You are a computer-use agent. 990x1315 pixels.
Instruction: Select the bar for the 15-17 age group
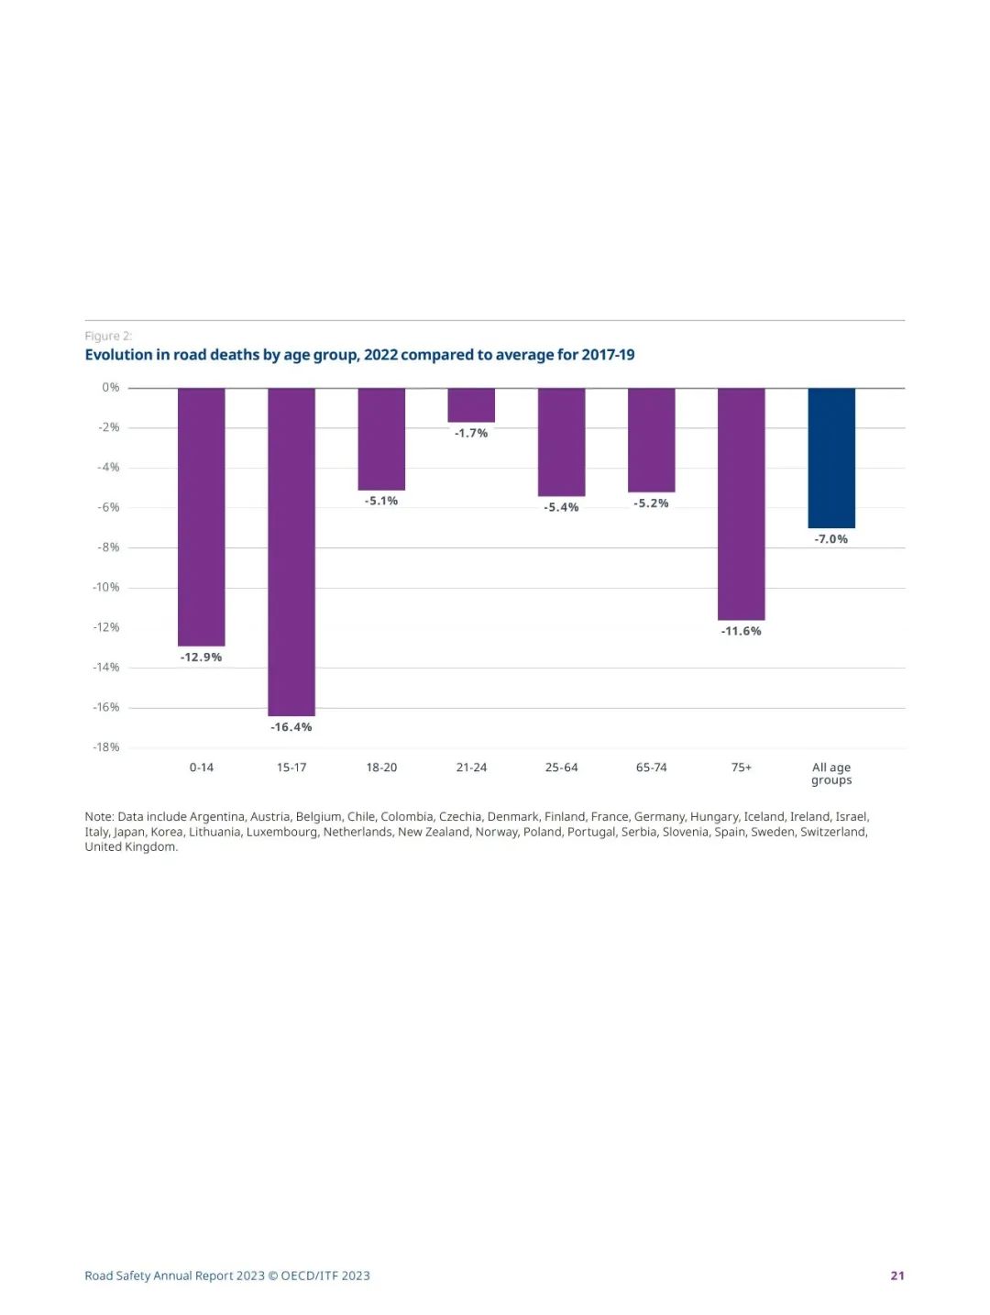(x=291, y=551)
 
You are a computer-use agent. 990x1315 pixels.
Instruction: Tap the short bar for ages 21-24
(x=471, y=404)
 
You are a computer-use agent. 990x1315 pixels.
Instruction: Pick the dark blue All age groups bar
(x=831, y=458)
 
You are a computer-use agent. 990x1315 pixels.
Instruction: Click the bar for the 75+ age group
(x=741, y=503)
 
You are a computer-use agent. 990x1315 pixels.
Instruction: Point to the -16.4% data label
(x=291, y=727)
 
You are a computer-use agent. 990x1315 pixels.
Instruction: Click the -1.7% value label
(x=471, y=433)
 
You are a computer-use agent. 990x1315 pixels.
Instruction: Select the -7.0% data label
(x=831, y=539)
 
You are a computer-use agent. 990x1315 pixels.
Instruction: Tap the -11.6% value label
(x=741, y=631)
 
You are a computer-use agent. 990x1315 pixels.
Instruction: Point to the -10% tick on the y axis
(x=106, y=587)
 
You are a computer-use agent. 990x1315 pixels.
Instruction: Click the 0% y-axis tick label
(x=111, y=388)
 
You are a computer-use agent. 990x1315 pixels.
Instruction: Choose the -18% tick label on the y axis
(x=106, y=747)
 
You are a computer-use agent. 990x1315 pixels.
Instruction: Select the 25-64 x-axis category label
(x=561, y=768)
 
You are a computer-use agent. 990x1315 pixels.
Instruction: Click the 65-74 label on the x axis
(x=651, y=768)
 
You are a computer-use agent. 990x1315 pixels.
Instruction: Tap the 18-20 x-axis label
(x=381, y=768)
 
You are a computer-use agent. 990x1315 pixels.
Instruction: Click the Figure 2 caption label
(x=108, y=336)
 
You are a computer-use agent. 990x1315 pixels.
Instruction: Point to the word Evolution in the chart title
(x=118, y=355)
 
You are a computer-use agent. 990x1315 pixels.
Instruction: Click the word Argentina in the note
(x=216, y=816)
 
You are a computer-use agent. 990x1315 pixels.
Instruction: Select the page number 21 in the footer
(x=897, y=1276)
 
